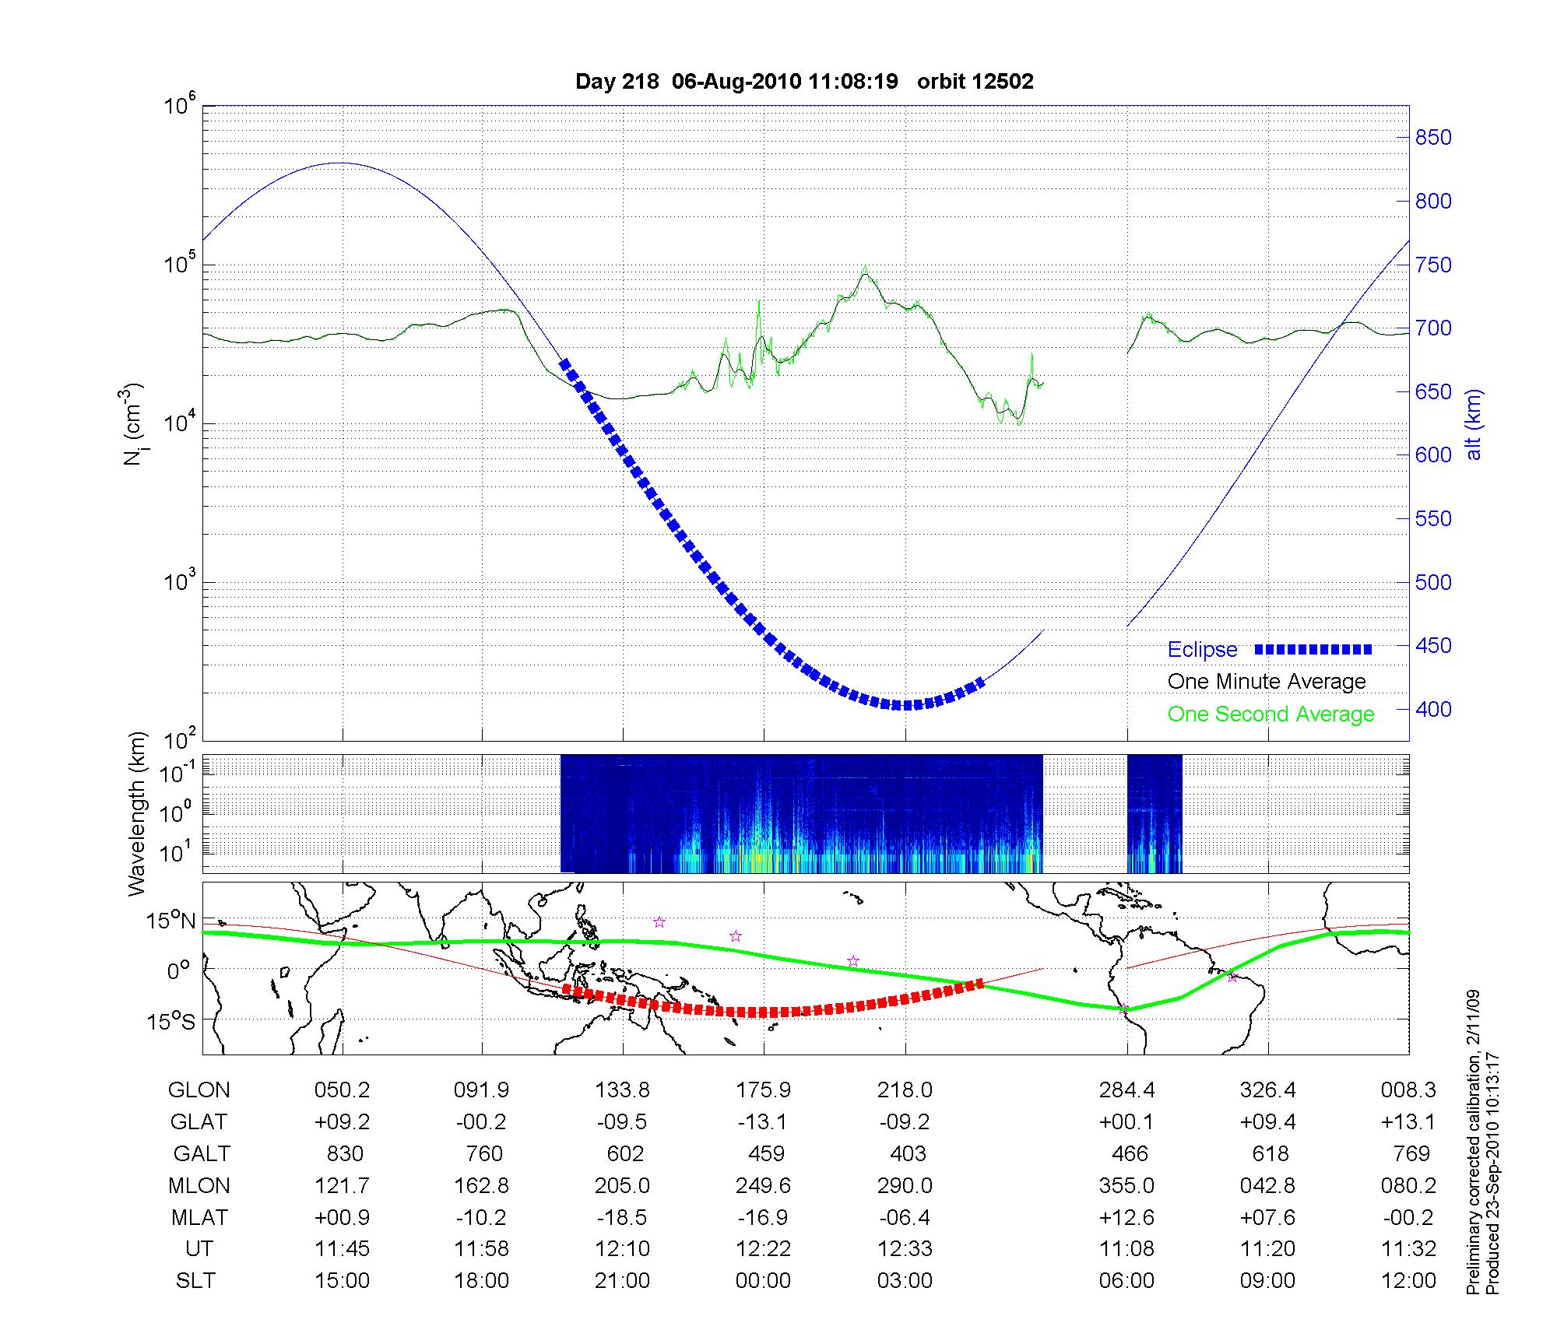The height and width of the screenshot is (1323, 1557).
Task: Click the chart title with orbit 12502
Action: point(804,82)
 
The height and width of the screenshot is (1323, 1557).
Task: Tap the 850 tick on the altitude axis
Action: point(1432,138)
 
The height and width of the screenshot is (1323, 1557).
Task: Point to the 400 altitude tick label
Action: point(1432,709)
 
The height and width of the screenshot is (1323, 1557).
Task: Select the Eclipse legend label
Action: point(1202,650)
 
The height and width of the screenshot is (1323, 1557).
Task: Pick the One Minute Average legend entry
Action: point(1267,682)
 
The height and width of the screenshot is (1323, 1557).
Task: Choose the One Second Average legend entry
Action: point(1271,714)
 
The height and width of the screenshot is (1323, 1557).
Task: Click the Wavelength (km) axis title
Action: point(137,814)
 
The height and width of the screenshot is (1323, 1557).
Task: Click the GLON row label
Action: point(199,1090)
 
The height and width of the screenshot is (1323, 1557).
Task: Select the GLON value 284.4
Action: point(1126,1090)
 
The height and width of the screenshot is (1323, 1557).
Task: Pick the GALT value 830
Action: point(343,1153)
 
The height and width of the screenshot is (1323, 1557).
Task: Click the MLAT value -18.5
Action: point(622,1217)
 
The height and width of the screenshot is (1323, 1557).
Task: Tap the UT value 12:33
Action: point(905,1249)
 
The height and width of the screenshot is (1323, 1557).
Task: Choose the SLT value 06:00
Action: point(1126,1281)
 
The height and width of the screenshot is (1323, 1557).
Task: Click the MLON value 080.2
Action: point(1408,1185)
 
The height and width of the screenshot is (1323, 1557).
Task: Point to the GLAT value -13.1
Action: point(763,1121)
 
